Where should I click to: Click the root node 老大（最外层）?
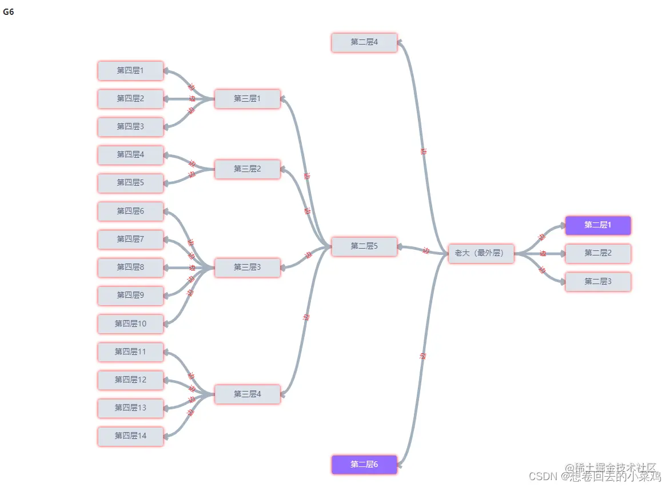point(481,253)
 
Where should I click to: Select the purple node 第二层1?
point(598,225)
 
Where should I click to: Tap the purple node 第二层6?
point(364,464)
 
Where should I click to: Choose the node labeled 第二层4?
point(364,42)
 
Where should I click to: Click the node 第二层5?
point(364,246)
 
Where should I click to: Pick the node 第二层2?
point(598,253)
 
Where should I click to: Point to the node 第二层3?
point(598,282)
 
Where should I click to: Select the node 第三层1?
point(248,99)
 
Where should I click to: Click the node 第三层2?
point(248,169)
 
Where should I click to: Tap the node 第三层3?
point(248,268)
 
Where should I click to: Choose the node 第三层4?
point(248,394)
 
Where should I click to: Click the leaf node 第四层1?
point(130,71)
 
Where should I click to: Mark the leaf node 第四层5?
point(130,183)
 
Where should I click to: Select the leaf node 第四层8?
point(130,268)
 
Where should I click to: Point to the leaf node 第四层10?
point(130,324)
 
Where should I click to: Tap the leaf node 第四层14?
point(130,436)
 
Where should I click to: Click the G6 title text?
point(9,12)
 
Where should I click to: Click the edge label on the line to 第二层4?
point(424,151)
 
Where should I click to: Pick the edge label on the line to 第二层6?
point(422,356)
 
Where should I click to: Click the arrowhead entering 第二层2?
point(562,253)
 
